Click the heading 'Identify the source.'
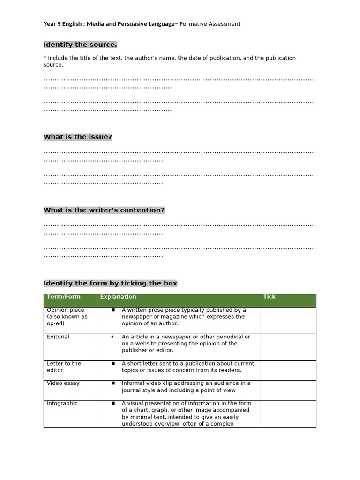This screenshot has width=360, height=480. (80, 45)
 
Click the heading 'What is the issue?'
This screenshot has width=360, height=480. (78, 137)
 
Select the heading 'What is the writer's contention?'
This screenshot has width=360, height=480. (104, 210)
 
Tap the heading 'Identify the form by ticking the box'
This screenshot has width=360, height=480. (110, 283)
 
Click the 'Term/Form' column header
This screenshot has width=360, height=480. (64, 297)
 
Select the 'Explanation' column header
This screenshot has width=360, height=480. (118, 297)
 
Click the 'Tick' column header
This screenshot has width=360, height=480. (270, 297)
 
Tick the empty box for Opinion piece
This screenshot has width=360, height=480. (288, 320)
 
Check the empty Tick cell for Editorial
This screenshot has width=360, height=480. (288, 347)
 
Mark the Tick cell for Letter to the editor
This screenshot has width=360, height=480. (288, 370)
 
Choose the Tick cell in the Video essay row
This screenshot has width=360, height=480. (288, 390)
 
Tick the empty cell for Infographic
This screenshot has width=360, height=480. (288, 413)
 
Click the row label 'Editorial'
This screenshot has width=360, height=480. (58, 337)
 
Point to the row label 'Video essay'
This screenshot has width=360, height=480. (63, 383)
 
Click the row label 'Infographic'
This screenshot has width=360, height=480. (62, 404)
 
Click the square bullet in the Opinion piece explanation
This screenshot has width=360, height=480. (113, 310)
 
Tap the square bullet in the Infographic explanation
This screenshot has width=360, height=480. (113, 403)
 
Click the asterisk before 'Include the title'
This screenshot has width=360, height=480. (45, 58)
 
